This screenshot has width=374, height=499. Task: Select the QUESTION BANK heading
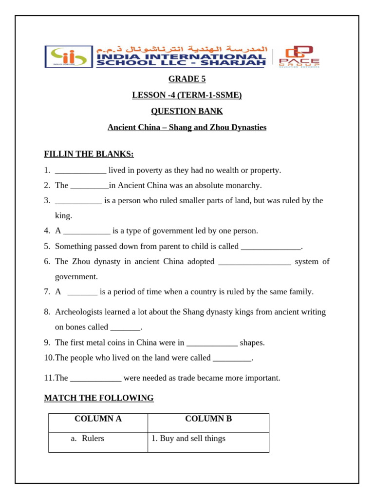point(187,111)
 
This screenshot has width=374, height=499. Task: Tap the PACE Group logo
point(299,57)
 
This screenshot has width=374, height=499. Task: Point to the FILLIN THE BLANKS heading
point(89,154)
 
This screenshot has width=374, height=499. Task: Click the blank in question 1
point(80,171)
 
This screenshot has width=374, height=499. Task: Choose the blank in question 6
point(255,262)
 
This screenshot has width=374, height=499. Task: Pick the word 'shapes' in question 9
point(252,343)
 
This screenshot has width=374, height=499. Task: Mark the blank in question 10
point(232,358)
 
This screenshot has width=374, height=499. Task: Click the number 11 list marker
point(49,378)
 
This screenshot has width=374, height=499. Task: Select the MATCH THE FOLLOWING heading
point(99,398)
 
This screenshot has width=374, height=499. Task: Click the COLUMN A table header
point(98,419)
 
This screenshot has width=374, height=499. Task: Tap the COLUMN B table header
point(208,419)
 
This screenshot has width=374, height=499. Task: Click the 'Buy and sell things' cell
point(188,438)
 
